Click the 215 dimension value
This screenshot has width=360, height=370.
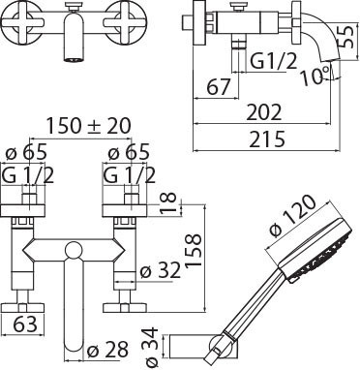[267, 139]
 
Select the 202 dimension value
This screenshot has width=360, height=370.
[264, 112]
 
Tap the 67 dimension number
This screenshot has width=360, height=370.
[219, 86]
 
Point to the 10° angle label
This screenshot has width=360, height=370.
[315, 75]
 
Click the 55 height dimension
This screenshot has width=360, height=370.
[347, 37]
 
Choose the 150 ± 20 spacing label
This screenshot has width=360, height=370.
[89, 125]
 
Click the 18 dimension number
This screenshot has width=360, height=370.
[168, 202]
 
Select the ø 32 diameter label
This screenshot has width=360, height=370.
[161, 270]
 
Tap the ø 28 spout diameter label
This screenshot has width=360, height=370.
[108, 350]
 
